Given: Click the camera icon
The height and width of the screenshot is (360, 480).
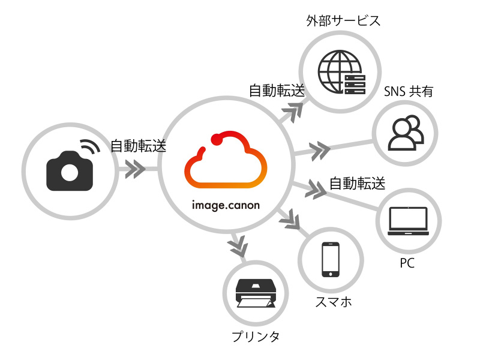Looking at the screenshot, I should coord(70,171).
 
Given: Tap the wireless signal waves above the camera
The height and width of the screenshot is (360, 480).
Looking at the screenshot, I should coord(90,146).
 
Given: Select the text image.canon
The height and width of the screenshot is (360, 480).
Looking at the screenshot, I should coord(226,205).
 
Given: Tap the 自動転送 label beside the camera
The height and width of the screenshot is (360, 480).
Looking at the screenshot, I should coord(139,146).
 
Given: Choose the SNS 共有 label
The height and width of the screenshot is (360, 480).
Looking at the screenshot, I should coord(409,92).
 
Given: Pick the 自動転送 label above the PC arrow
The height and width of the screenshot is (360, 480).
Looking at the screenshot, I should coord(357,182).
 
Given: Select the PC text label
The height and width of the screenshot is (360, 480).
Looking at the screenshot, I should coord(407,263).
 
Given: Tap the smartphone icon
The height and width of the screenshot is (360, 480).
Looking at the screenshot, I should coord(331,259).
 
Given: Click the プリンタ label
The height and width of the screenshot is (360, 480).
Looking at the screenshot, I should coord(256,337).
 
